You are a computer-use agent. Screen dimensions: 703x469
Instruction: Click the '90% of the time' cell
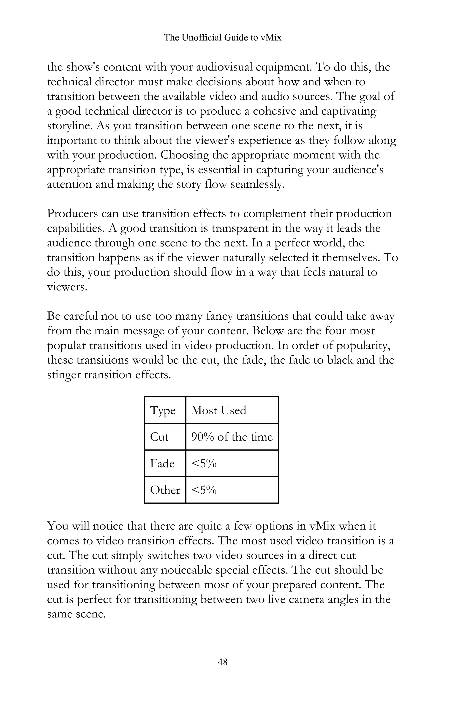232,437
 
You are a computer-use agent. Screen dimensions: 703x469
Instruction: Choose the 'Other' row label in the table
165,490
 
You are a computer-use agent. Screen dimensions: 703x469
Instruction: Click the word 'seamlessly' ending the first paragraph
257,184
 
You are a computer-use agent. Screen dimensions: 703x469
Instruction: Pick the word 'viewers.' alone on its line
67,287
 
